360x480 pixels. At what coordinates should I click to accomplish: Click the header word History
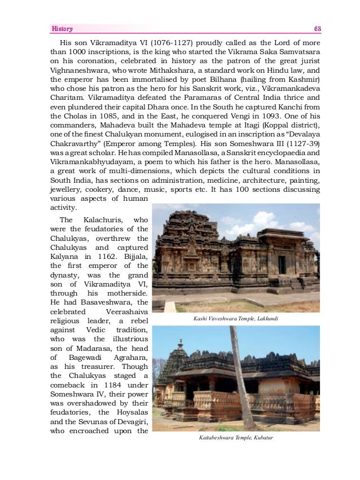click(62, 28)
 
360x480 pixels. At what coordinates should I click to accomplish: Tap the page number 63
click(317, 28)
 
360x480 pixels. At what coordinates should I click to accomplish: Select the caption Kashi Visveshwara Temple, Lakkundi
click(235, 319)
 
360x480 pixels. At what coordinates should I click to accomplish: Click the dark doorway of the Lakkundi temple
click(282, 265)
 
